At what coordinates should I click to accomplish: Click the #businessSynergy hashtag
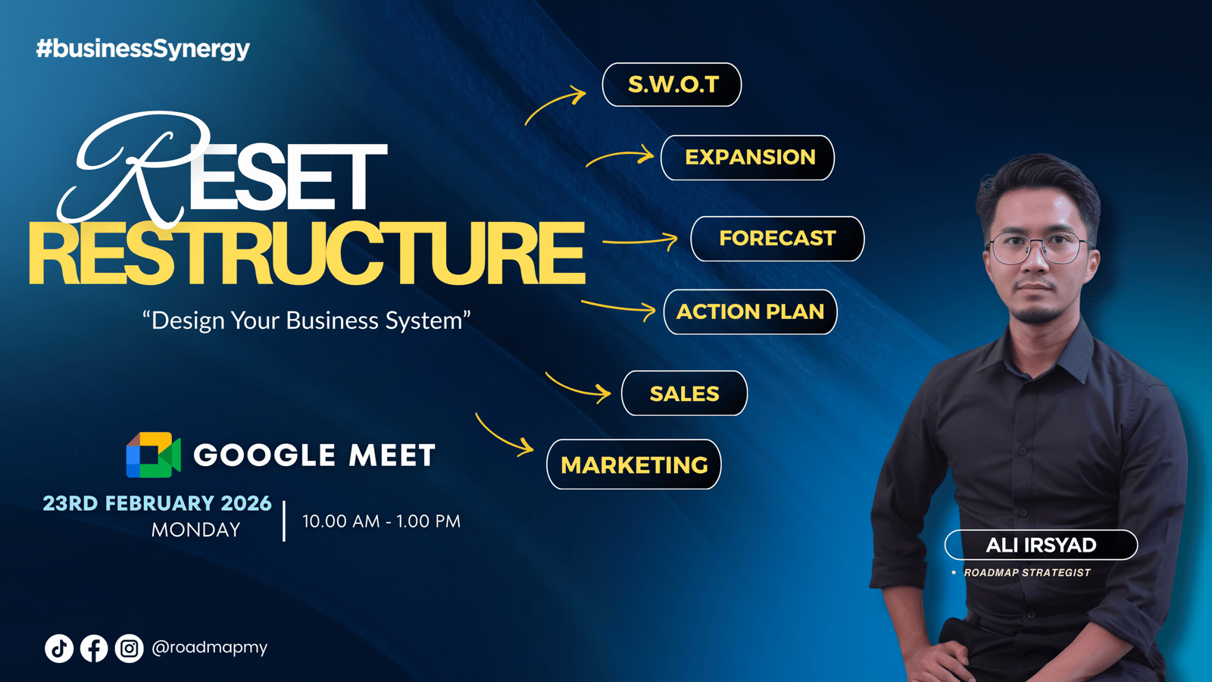(143, 48)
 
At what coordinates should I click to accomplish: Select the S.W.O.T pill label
(672, 84)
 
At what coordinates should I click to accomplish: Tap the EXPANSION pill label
(748, 158)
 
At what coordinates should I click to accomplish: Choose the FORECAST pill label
(777, 239)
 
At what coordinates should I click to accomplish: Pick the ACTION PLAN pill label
(751, 311)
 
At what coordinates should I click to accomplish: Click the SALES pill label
(685, 393)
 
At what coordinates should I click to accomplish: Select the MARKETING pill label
(634, 465)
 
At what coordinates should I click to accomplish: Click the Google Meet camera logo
(154, 455)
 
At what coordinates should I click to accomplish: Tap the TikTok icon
(59, 648)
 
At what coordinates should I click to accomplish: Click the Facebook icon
(94, 648)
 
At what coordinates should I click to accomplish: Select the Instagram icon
(130, 648)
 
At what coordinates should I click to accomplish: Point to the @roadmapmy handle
(209, 647)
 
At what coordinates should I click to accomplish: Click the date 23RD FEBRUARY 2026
(157, 503)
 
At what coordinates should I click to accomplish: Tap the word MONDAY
(196, 530)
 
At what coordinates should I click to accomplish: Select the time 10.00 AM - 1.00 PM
(382, 521)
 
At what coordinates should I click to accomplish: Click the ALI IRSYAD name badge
(1041, 545)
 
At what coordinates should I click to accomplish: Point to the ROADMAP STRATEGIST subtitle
(1027, 573)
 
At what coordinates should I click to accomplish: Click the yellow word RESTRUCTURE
(307, 253)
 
